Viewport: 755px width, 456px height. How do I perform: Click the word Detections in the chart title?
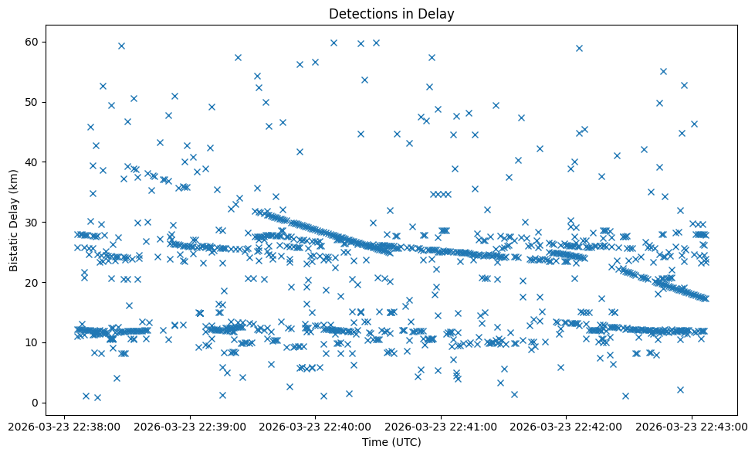[x=358, y=14]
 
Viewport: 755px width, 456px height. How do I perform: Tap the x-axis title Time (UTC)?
[x=391, y=442]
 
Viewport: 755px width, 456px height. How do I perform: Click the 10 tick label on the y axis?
[x=32, y=342]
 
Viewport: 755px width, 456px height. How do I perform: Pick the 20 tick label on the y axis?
[x=32, y=282]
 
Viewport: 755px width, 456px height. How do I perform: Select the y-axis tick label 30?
[x=32, y=223]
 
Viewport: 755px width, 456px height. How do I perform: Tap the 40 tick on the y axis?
[x=32, y=162]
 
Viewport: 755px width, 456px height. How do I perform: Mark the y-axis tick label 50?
[x=32, y=102]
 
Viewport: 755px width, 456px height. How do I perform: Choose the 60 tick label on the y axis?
[x=32, y=42]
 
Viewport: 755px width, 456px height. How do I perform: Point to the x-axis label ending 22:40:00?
[x=315, y=426]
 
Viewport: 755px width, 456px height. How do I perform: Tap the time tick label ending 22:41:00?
[x=441, y=426]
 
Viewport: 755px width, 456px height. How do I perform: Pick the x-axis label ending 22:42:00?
[x=567, y=426]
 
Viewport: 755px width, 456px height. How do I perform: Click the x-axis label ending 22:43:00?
[x=692, y=426]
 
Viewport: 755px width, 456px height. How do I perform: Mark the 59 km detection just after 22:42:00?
[x=579, y=48]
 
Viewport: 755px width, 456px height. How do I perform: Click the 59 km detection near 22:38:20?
[x=121, y=46]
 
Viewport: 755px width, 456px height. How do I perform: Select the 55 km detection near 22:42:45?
[x=663, y=71]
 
